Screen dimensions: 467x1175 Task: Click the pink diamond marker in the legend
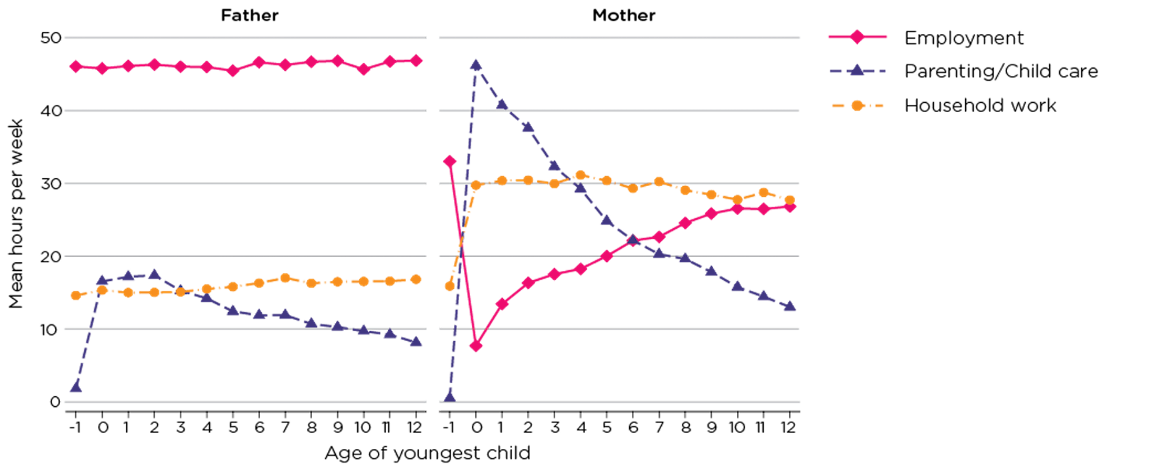click(x=857, y=37)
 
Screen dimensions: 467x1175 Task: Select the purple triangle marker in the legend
click(x=857, y=69)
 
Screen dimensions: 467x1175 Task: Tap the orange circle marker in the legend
click(x=857, y=105)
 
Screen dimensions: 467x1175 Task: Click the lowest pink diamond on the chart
click(x=475, y=346)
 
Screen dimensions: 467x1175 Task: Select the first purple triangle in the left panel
click(x=76, y=387)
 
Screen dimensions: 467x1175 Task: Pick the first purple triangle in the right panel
click(x=450, y=395)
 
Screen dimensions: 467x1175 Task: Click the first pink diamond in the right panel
click(x=449, y=161)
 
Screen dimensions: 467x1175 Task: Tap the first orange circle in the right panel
click(x=449, y=286)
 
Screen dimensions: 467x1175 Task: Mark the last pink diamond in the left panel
click(x=416, y=61)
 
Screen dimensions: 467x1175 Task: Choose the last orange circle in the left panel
click(x=416, y=280)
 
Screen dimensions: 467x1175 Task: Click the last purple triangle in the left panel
click(x=416, y=342)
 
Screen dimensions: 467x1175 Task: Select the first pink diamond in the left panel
click(x=76, y=65)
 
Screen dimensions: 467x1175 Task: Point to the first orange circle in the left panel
click(x=76, y=295)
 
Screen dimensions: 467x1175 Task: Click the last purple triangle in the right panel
click(x=790, y=306)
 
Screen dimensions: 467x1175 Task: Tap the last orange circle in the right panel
click(x=790, y=199)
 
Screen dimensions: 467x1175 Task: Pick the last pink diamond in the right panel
click(x=790, y=207)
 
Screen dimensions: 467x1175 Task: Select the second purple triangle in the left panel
click(x=102, y=280)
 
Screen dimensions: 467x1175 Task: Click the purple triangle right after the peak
click(x=502, y=104)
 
